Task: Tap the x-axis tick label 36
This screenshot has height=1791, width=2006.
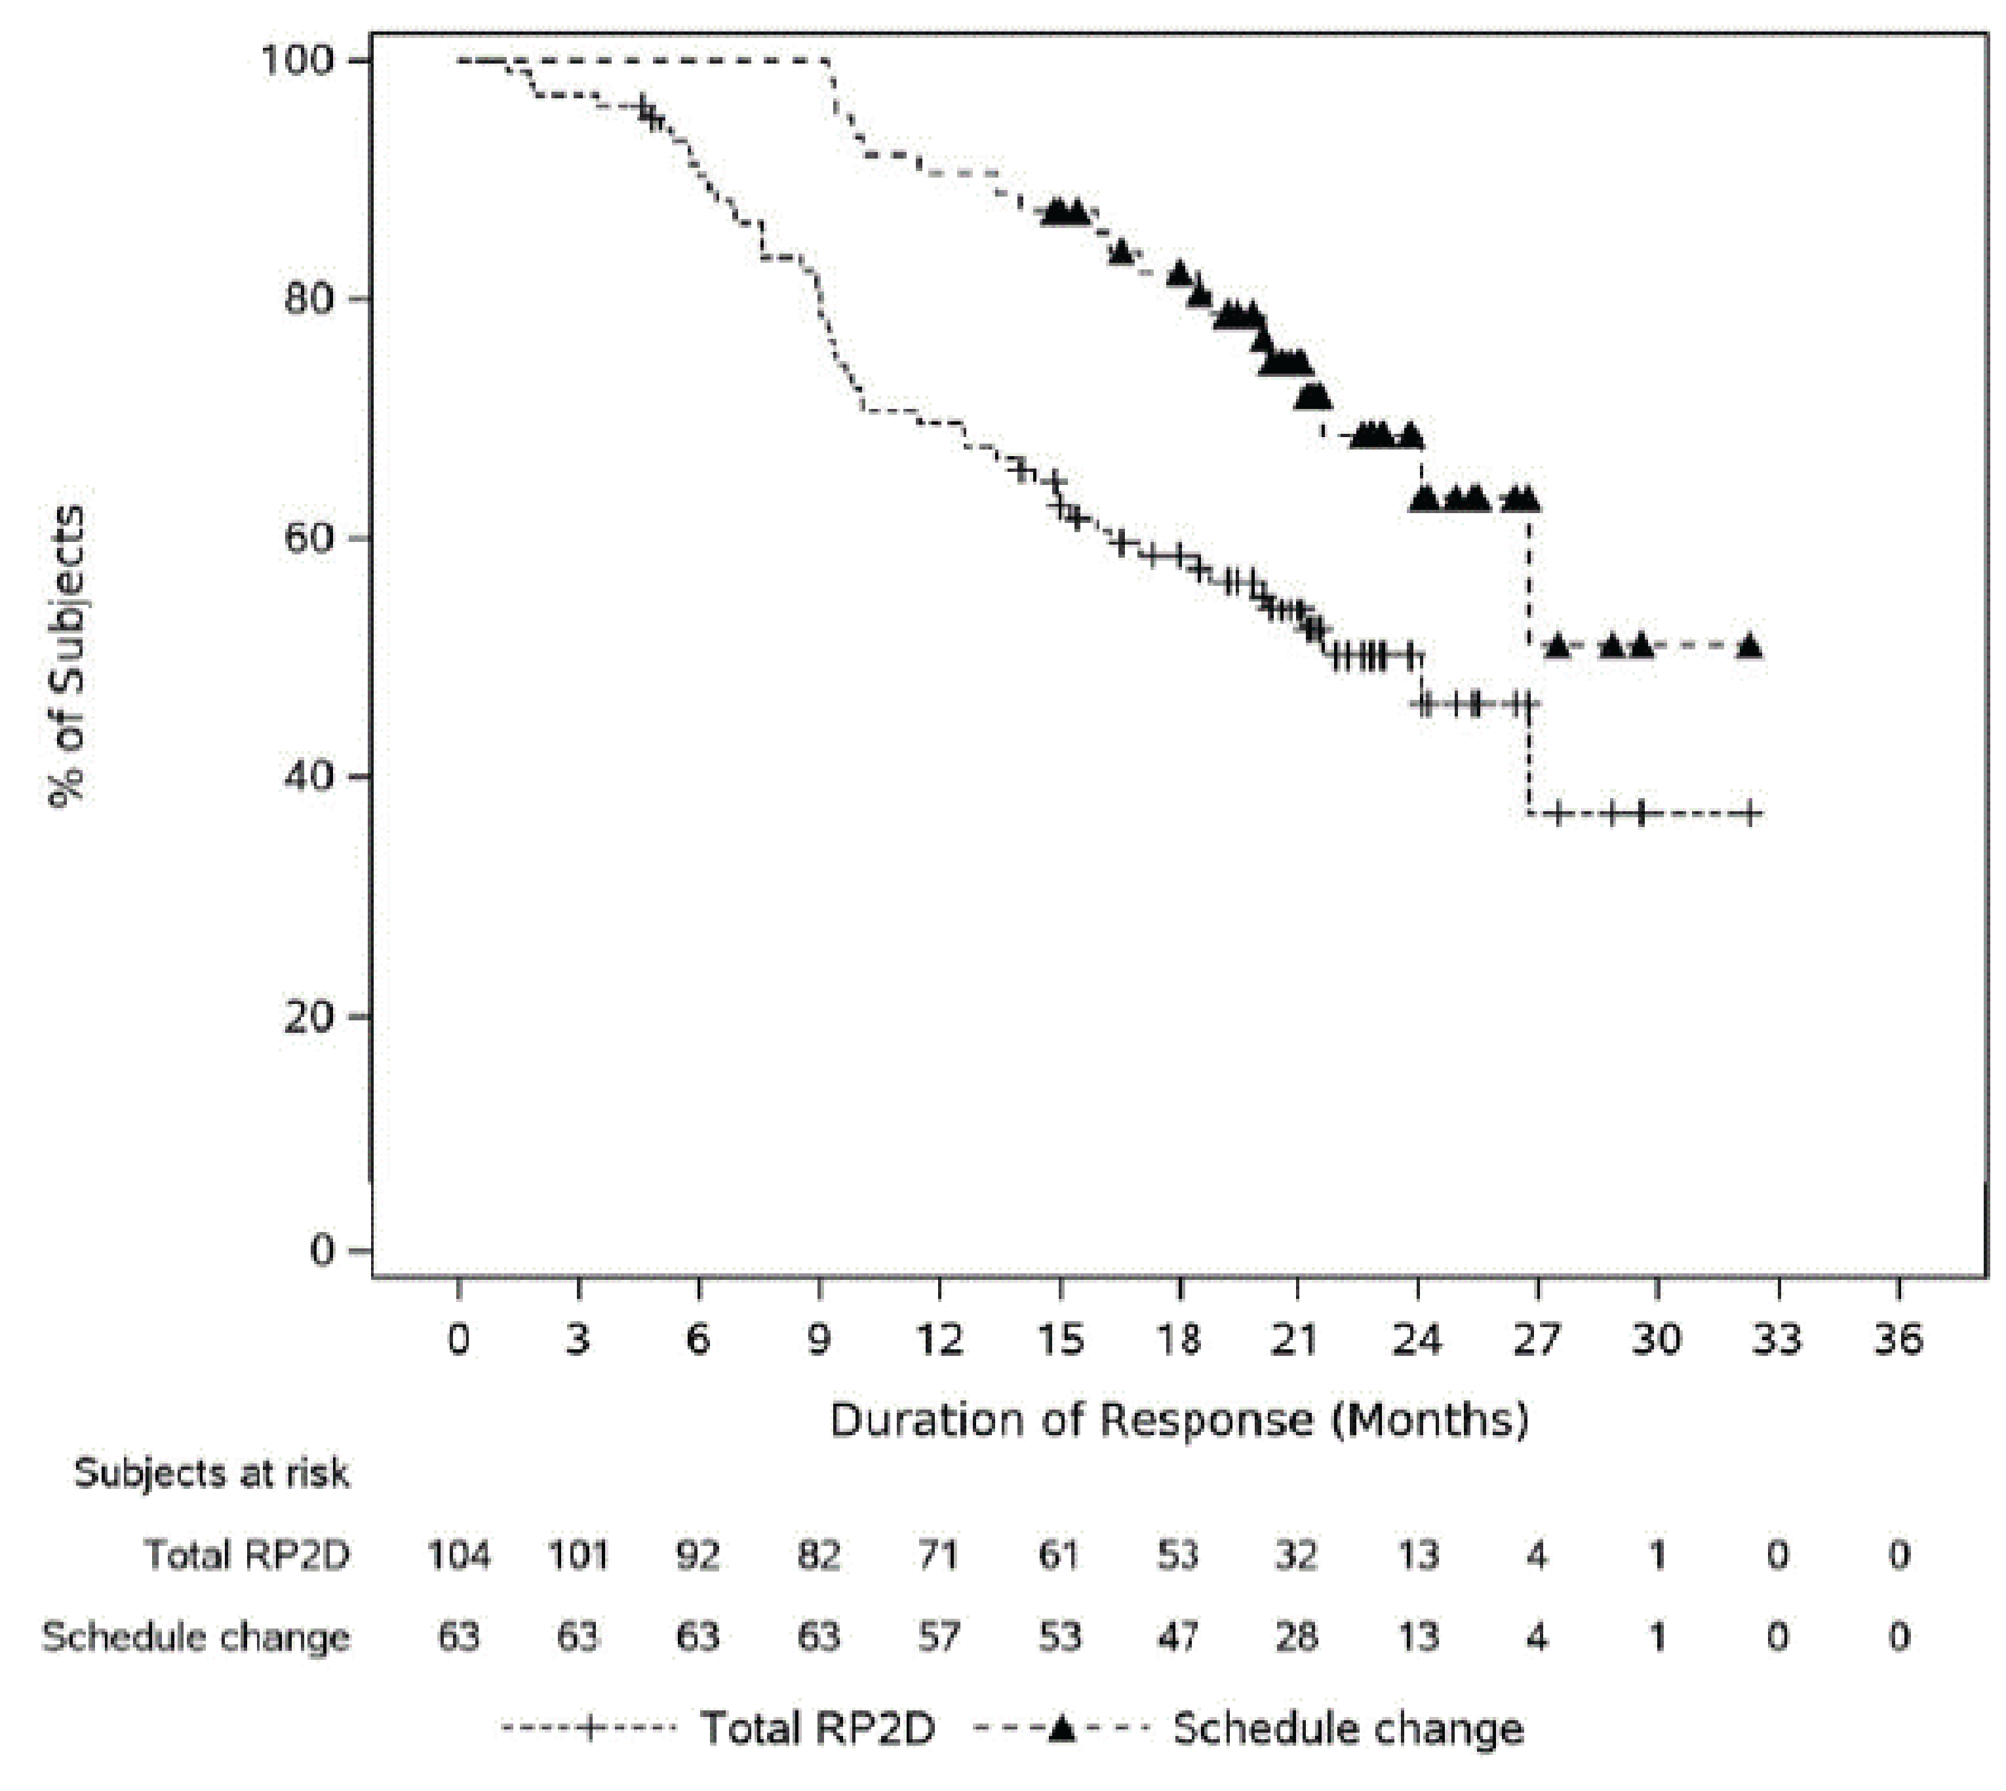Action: click(x=1898, y=1339)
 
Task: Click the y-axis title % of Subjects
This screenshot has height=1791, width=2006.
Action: click(x=67, y=657)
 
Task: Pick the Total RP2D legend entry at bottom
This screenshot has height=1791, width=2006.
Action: click(x=817, y=1729)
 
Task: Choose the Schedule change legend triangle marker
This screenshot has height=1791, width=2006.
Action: click(x=1061, y=1728)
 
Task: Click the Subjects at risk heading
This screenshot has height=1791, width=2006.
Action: click(x=212, y=1474)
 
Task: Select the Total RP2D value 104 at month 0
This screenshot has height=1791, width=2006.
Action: click(x=459, y=1556)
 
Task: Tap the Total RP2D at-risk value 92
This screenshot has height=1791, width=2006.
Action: click(x=698, y=1556)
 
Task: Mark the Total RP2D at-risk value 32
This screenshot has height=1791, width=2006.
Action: click(x=1297, y=1556)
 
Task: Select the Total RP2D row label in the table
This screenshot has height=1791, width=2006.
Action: click(x=246, y=1556)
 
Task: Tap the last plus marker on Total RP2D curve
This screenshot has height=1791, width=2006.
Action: click(x=1749, y=813)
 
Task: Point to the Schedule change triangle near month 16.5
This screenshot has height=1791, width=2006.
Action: click(x=1121, y=252)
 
